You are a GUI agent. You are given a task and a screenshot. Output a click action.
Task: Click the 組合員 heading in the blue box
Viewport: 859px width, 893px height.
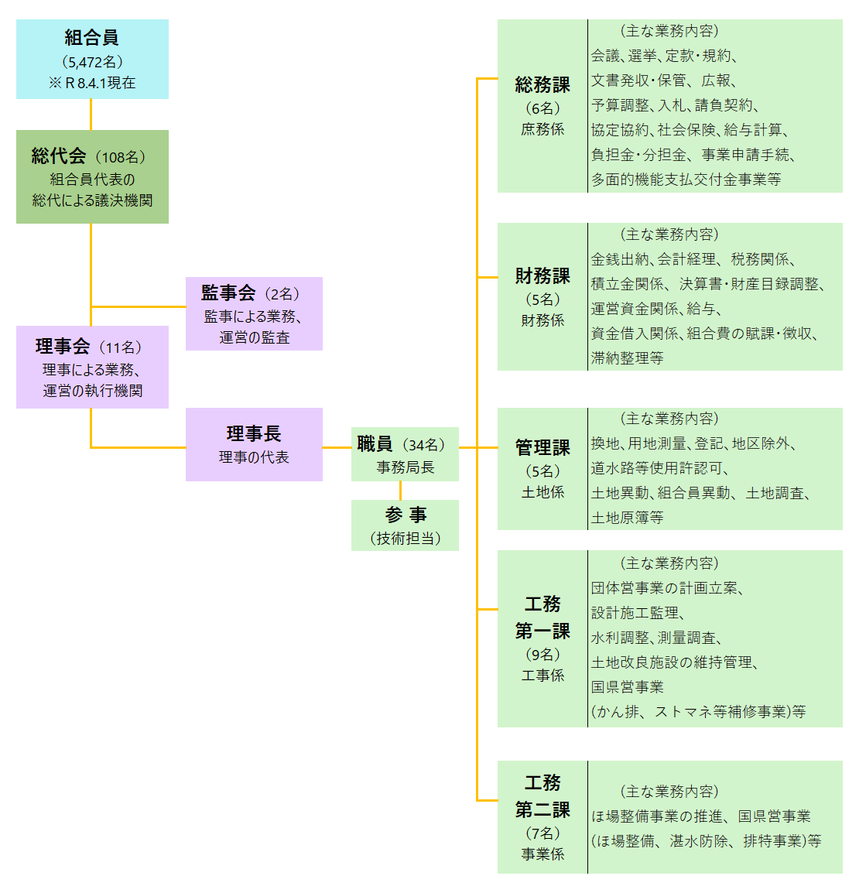91,37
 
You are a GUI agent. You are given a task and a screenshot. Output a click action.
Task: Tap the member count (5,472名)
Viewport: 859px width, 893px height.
91,62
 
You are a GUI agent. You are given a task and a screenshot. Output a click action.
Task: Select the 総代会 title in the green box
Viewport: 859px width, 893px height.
59,156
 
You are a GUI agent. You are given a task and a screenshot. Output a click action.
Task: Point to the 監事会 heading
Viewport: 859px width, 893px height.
228,293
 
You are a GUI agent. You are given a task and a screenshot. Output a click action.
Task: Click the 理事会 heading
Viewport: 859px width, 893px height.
63,347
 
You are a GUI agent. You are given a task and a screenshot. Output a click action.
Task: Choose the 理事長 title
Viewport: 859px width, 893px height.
254,433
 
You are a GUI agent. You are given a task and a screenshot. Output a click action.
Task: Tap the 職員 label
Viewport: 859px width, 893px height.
375,444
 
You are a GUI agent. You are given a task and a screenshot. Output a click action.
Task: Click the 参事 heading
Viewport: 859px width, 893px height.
406,515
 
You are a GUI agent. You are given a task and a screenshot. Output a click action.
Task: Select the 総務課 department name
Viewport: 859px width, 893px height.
542,85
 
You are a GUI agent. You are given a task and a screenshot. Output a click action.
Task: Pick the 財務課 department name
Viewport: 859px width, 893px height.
542,275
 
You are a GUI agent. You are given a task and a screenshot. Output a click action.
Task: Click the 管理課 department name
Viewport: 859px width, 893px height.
542,447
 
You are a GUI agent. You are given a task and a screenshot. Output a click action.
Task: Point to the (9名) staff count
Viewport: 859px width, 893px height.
542,655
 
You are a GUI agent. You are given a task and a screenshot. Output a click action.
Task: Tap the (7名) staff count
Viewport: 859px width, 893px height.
542,833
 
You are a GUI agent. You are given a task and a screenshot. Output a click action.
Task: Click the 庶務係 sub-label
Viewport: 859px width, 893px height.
542,129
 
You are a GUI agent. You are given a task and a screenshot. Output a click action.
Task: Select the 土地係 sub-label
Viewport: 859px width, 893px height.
542,492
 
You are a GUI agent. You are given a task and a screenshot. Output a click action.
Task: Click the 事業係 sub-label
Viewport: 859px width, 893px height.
542,854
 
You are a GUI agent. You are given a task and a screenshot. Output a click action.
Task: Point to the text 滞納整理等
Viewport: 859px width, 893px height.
628,358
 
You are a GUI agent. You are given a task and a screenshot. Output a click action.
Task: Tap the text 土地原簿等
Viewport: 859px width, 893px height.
628,518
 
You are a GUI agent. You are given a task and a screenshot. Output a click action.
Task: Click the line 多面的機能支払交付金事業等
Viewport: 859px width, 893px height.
686,180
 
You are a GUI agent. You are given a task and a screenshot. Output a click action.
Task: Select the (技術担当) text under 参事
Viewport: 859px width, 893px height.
406,539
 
